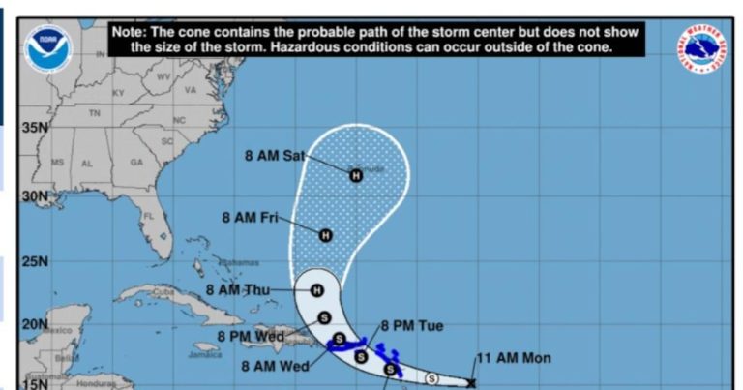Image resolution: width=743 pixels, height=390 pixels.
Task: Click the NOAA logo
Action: pyautogui.click(x=48, y=49)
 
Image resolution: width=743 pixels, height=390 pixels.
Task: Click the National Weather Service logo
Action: pyautogui.click(x=701, y=47)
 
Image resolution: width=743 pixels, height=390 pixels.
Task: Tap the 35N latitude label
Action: pyautogui.click(x=36, y=127)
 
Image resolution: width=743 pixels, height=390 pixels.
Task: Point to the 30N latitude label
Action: pyautogui.click(x=36, y=195)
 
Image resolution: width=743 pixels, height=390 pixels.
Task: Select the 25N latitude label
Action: pyautogui.click(x=36, y=260)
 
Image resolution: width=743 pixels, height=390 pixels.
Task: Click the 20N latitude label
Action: pyautogui.click(x=35, y=323)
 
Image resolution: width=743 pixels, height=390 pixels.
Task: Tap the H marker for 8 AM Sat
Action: pyautogui.click(x=355, y=175)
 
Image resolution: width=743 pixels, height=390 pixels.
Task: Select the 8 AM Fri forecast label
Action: pyautogui.click(x=250, y=218)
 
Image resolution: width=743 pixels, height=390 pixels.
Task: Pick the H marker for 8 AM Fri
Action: pyautogui.click(x=326, y=235)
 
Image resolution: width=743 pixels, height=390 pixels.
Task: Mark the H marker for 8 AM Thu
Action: pyautogui.click(x=316, y=289)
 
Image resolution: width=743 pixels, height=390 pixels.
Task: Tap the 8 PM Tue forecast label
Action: pyautogui.click(x=411, y=326)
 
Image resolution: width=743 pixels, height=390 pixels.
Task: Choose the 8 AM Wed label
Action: pyautogui.click(x=275, y=366)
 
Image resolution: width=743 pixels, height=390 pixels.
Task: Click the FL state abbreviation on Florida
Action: pyautogui.click(x=149, y=215)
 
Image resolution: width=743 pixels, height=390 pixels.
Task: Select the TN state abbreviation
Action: pyautogui.click(x=95, y=113)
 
